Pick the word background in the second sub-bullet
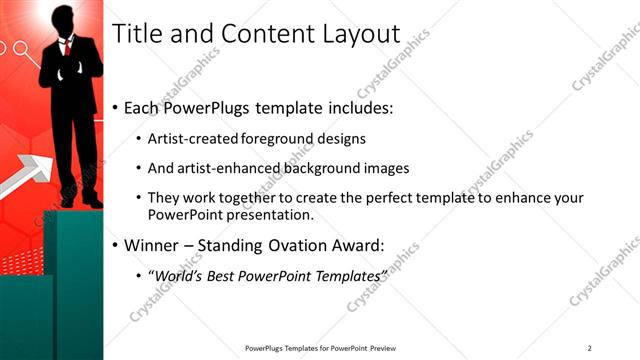tap(330, 168)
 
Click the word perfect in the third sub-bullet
tap(391, 198)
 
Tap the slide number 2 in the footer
tap(590, 348)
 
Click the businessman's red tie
tap(67, 46)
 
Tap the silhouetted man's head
tap(63, 18)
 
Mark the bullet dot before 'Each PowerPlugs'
tap(116, 107)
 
